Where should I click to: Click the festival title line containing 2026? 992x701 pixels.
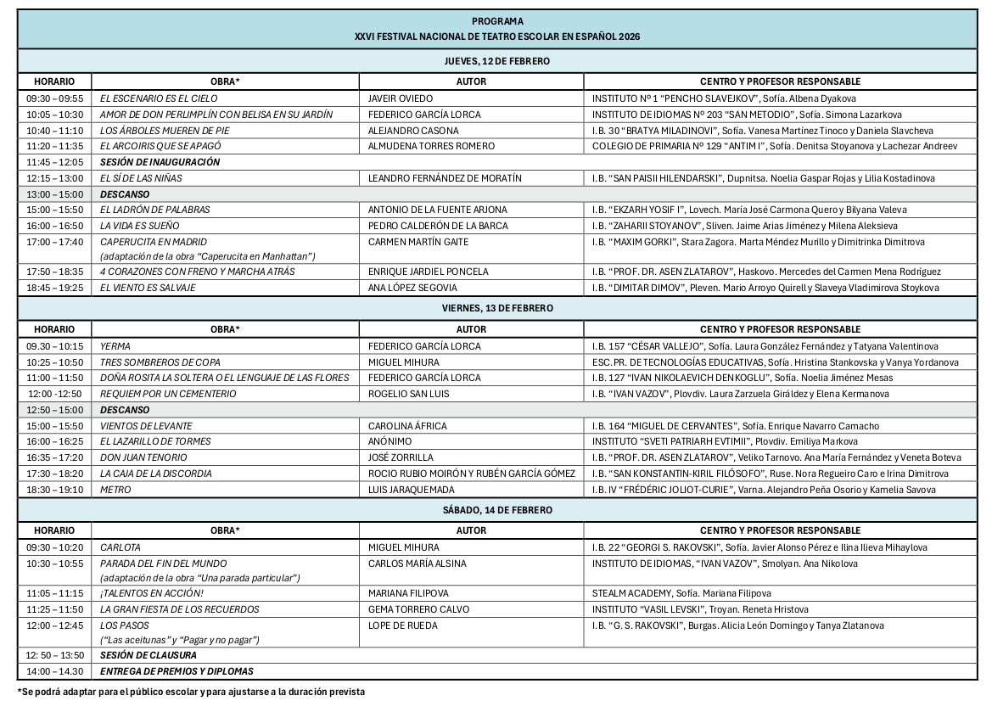coord(496,36)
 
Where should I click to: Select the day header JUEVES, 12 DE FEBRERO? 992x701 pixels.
coord(496,62)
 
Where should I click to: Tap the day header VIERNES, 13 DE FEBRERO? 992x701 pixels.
coord(496,306)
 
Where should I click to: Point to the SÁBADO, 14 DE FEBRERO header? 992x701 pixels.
coord(496,510)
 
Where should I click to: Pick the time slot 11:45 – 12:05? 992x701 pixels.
coord(55,162)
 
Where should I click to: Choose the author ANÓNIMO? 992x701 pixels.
coord(390,441)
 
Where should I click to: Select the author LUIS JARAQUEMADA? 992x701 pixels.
coord(412,490)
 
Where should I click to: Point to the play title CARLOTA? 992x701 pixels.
coord(120,547)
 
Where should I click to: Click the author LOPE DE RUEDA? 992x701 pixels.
coord(403,625)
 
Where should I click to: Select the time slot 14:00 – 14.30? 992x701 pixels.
coord(55,671)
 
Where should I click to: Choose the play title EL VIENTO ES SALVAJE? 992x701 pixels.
coord(148,288)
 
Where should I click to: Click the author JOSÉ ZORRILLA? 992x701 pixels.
coord(401,457)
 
